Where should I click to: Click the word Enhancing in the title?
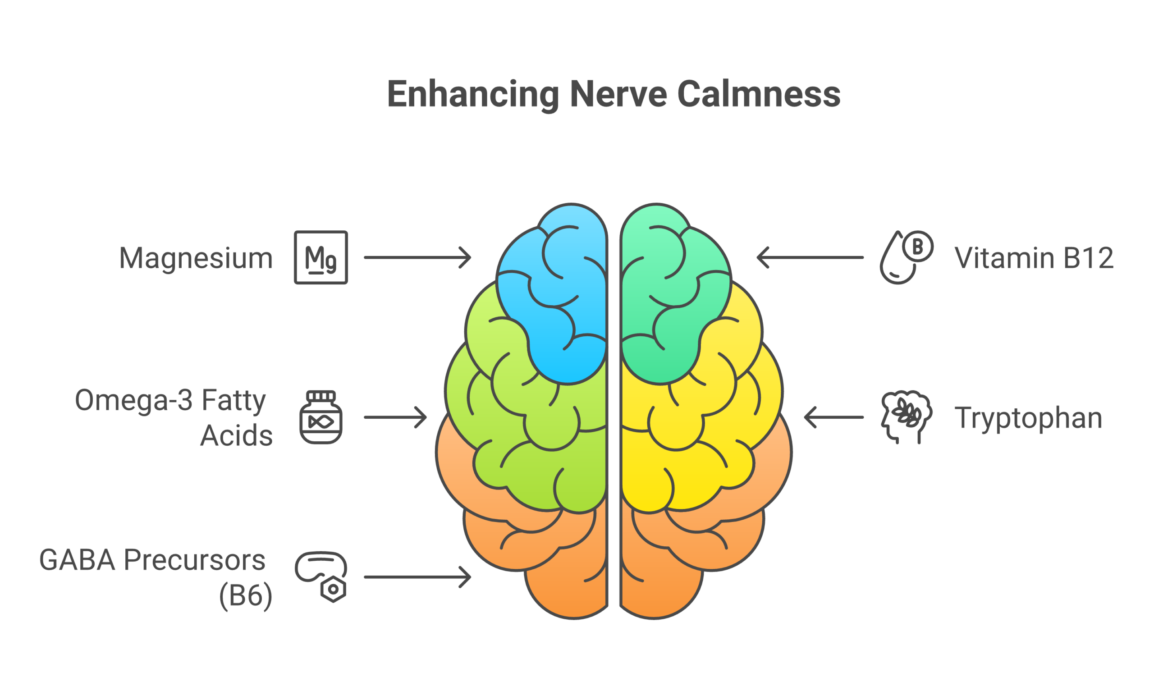tap(472, 95)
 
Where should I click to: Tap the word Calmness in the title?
tap(759, 95)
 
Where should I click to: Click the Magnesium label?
tap(196, 258)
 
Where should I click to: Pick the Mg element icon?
tap(321, 257)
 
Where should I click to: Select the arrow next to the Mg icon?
tap(417, 257)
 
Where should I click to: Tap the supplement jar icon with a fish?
tap(321, 417)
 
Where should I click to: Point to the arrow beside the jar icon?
tap(395, 417)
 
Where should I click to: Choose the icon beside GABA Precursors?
tap(321, 577)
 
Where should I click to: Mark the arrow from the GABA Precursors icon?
tap(417, 577)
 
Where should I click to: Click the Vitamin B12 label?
tap(1034, 258)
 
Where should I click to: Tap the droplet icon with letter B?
tap(906, 257)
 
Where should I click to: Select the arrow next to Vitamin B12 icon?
tap(810, 257)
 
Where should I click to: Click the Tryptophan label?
tap(1028, 418)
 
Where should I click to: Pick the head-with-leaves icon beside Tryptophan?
tap(906, 417)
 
